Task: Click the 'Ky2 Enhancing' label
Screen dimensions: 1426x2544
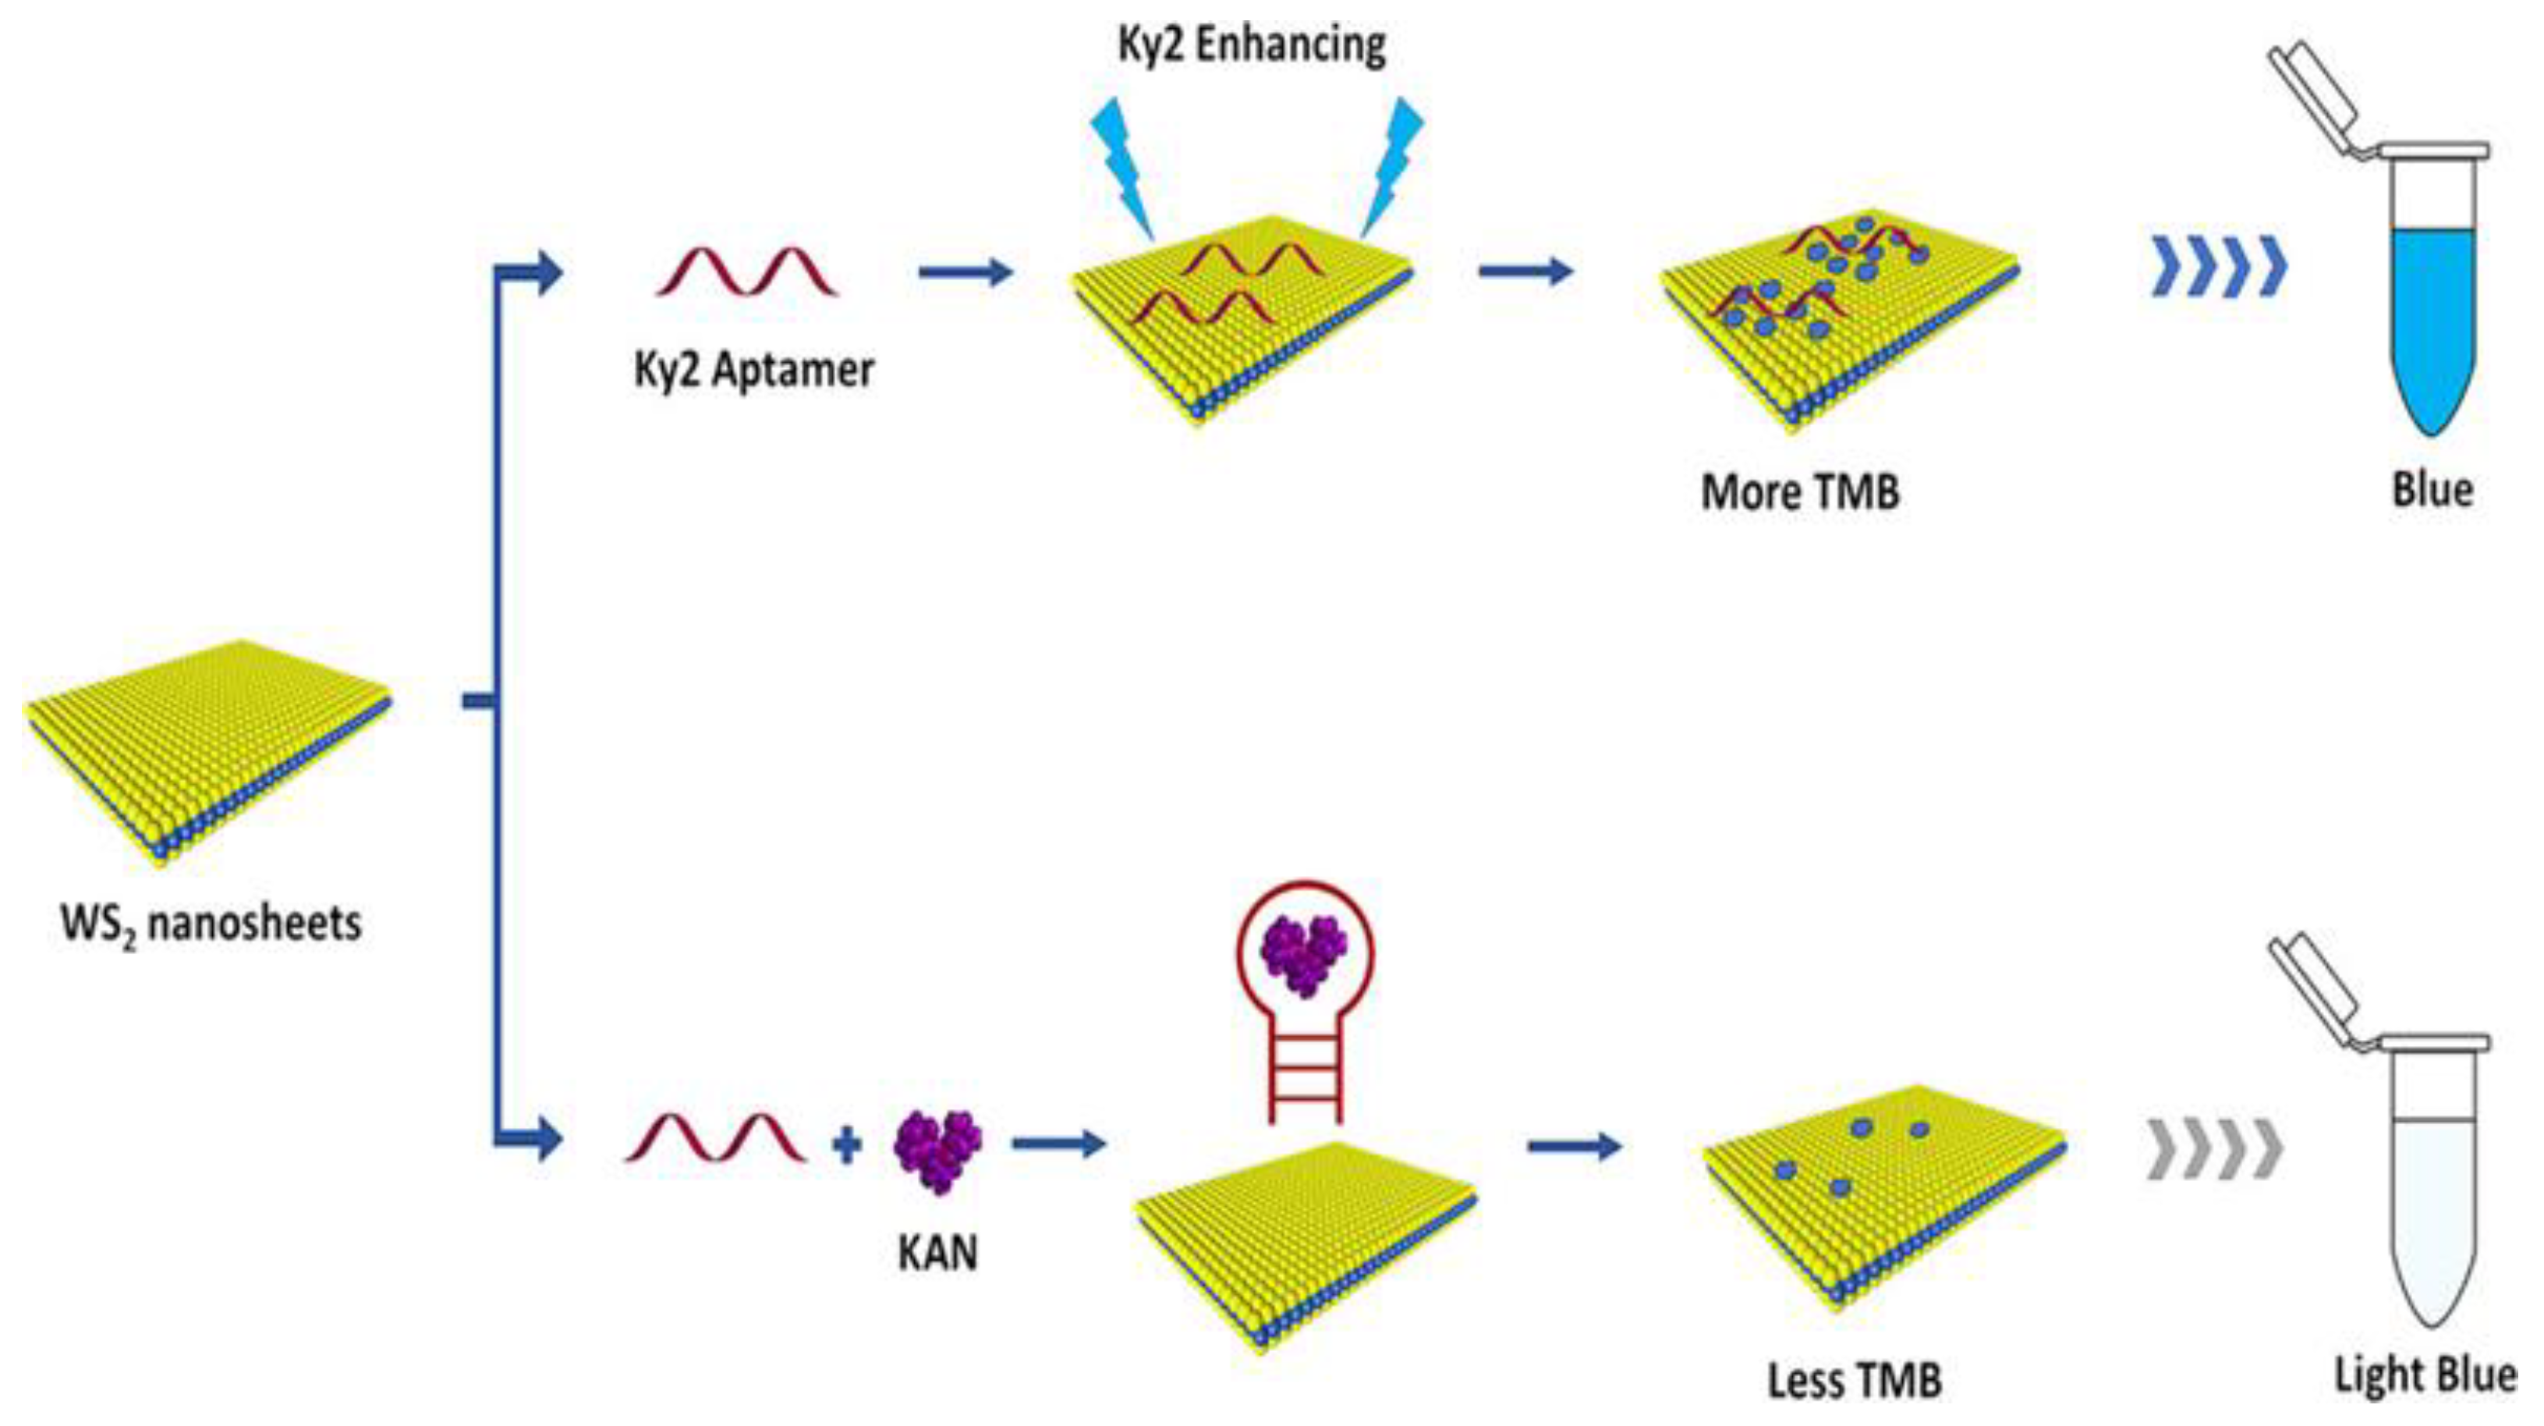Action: [1251, 45]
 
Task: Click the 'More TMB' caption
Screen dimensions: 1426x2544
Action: [1799, 491]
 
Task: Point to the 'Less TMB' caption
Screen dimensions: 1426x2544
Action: [1854, 1381]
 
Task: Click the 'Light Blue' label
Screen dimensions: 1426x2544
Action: [2425, 1375]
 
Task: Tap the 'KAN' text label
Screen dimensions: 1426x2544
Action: [937, 1253]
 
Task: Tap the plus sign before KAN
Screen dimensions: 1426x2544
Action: [846, 1145]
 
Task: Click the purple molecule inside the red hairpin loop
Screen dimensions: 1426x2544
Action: [1304, 955]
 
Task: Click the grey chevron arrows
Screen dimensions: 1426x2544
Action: [2215, 1151]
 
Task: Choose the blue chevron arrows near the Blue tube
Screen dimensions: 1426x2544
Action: [2219, 267]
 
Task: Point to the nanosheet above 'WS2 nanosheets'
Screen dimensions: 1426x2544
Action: [207, 750]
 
